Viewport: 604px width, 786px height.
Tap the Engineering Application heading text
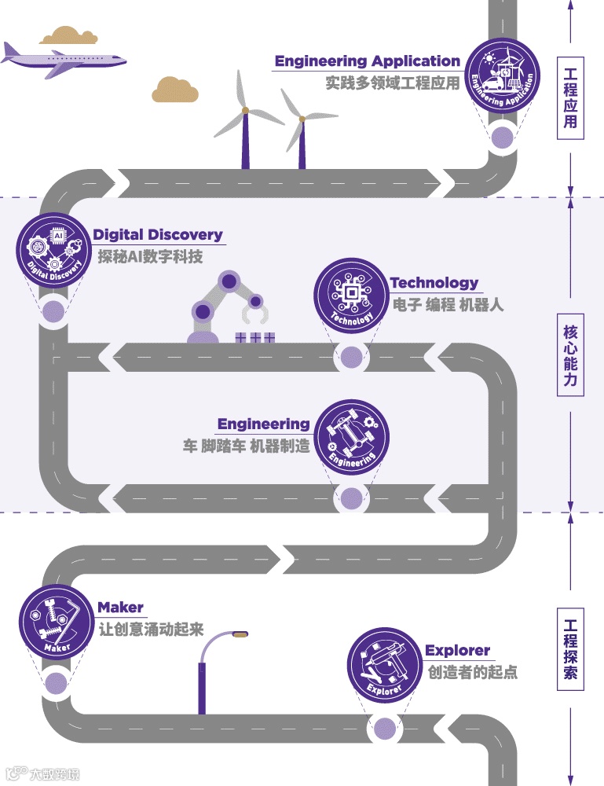click(367, 61)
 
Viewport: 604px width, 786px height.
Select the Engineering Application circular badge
click(502, 76)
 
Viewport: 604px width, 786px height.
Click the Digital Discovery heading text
click(158, 235)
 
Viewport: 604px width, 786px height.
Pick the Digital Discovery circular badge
click(53, 251)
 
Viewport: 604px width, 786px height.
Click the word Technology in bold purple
click(434, 283)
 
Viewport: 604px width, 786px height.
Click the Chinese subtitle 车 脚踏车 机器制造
click(245, 446)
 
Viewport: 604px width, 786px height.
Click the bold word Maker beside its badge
click(120, 608)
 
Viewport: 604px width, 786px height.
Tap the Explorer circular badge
click(385, 665)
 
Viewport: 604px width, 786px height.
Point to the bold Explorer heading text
click(457, 651)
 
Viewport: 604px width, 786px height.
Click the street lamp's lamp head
click(236, 634)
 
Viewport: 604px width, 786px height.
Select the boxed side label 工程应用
click(570, 97)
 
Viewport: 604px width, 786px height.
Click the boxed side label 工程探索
click(570, 649)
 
